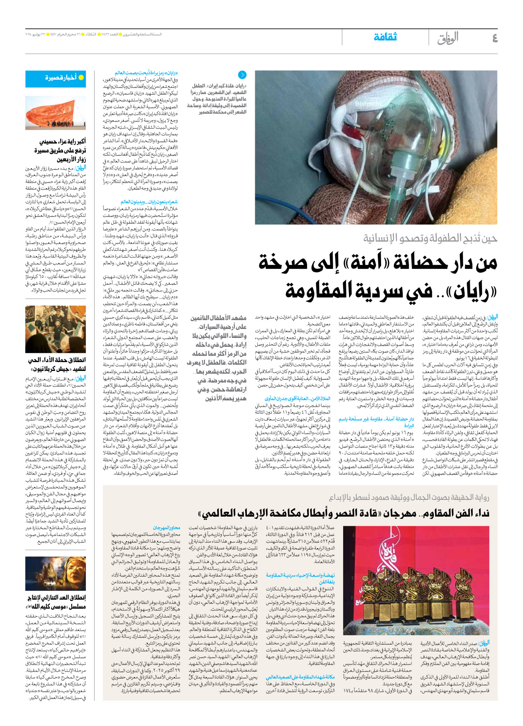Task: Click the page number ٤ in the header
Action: click(495, 39)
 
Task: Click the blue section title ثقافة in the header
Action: click(385, 37)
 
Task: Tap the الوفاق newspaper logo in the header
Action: click(448, 39)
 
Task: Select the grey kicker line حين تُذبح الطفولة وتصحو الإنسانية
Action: click(430, 239)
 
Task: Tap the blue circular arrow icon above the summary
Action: click(242, 75)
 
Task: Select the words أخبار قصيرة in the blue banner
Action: click(61, 78)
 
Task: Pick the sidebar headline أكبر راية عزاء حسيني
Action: click(62, 142)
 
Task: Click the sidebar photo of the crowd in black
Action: click(55, 329)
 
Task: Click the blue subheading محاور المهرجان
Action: click(167, 528)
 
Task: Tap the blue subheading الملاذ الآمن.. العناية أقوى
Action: click(297, 399)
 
